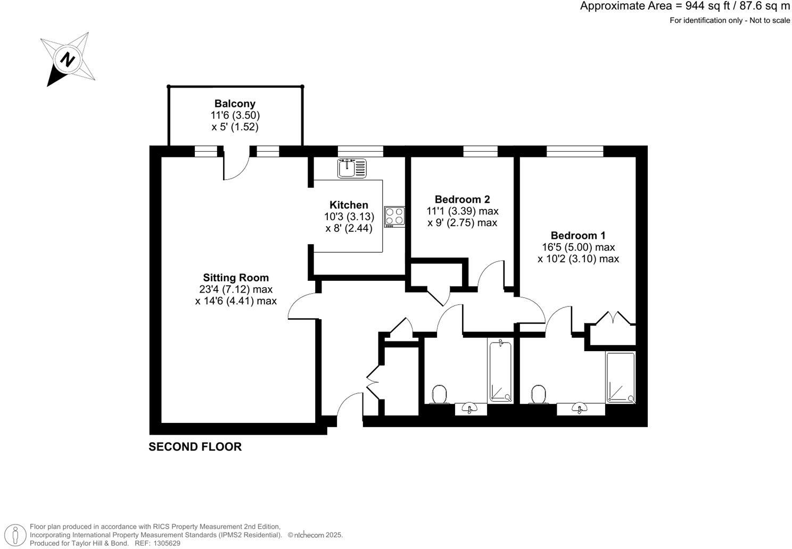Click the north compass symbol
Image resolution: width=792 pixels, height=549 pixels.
(x=68, y=59)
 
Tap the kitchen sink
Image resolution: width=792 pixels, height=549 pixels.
(x=352, y=168)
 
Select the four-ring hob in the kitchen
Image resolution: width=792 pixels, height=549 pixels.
(x=394, y=217)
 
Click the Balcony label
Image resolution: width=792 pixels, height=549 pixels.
(x=235, y=104)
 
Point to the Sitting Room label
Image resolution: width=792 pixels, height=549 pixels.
(x=236, y=278)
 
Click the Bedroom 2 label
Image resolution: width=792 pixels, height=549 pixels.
(x=462, y=199)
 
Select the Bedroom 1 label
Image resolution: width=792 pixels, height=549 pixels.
(x=578, y=235)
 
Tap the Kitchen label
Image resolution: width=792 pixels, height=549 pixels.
(x=349, y=205)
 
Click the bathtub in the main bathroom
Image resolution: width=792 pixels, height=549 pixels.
(x=500, y=371)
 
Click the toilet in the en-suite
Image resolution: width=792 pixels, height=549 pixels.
(x=539, y=395)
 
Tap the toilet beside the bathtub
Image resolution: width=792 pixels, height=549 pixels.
(x=439, y=395)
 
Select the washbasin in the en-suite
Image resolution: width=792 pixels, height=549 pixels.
(x=580, y=409)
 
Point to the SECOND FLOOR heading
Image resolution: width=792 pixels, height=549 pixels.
(x=195, y=447)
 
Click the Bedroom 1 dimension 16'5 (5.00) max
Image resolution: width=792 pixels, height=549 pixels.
(x=578, y=247)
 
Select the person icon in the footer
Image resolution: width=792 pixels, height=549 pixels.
(x=17, y=535)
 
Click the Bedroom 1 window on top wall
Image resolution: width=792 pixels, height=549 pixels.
(x=575, y=151)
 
